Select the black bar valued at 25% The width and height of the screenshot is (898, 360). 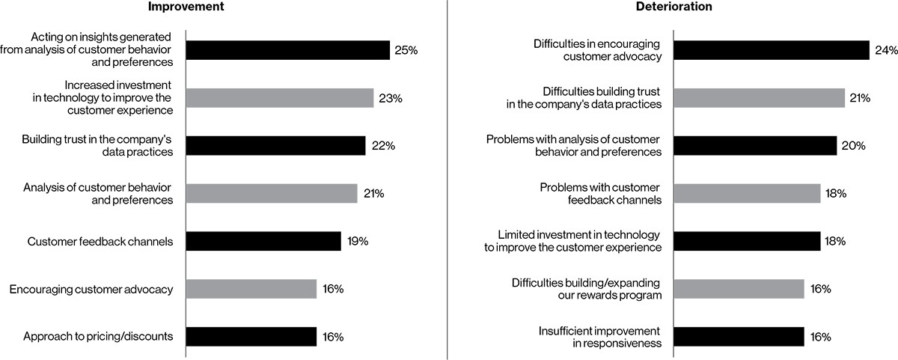coord(287,50)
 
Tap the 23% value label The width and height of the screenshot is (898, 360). coord(390,98)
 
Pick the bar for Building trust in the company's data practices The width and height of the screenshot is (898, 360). coord(275,145)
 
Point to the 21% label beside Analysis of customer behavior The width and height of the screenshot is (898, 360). coord(373,194)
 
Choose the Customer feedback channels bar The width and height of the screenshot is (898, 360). coord(263,241)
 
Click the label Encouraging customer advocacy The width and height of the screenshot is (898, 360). coord(91,289)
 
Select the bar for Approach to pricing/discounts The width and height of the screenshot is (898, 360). coord(251,337)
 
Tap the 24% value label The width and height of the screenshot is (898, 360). coord(885,50)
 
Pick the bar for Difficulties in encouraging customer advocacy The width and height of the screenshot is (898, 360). coord(771,50)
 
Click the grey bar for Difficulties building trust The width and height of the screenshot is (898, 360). coord(759,98)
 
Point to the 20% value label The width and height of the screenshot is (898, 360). coord(853,146)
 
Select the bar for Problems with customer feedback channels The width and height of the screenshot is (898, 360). coord(747,194)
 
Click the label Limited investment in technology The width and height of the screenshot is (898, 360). coord(572,241)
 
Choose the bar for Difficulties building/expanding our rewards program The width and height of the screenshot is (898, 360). coord(739,289)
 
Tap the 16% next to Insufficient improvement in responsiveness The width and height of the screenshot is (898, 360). coord(820,337)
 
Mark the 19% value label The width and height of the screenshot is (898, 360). coord(358,241)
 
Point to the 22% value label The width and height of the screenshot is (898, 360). coord(382,146)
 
